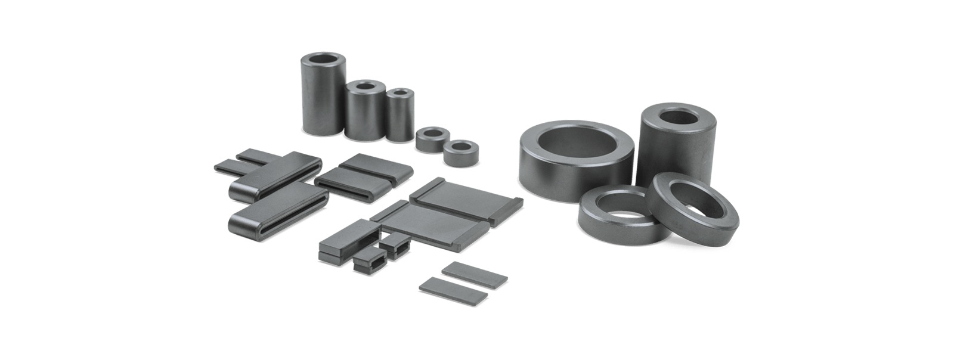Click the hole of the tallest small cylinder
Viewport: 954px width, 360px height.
[x=322, y=61]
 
